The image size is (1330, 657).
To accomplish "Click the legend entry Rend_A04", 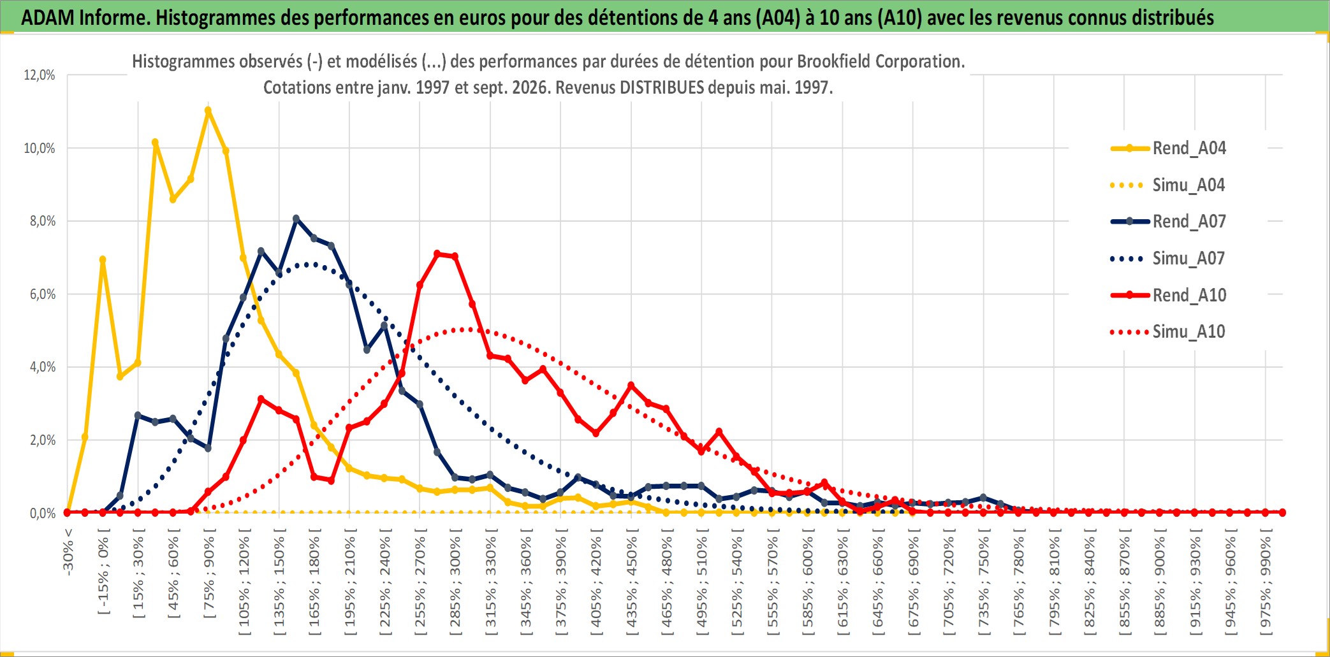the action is click(1168, 148).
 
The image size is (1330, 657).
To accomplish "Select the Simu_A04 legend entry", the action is click(1168, 185).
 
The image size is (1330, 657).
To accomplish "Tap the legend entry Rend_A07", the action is click(1168, 221).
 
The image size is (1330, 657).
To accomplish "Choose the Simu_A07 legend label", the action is click(1168, 258).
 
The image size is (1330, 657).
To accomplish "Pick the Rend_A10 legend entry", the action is click(1168, 295).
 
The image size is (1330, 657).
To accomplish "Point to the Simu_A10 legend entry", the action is click(1168, 331).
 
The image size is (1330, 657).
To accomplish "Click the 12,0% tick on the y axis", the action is click(40, 75).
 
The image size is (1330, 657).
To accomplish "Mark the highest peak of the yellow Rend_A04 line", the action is click(208, 110).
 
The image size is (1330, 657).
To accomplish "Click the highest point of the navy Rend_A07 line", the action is click(296, 219).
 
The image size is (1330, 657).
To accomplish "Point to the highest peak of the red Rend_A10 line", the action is click(437, 254).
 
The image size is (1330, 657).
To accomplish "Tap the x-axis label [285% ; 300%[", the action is click(455, 582).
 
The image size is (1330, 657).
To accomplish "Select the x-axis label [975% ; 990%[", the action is click(1265, 582).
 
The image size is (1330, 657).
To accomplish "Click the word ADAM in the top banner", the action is click(48, 17).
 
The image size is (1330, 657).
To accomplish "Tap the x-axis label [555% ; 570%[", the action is click(772, 582).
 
